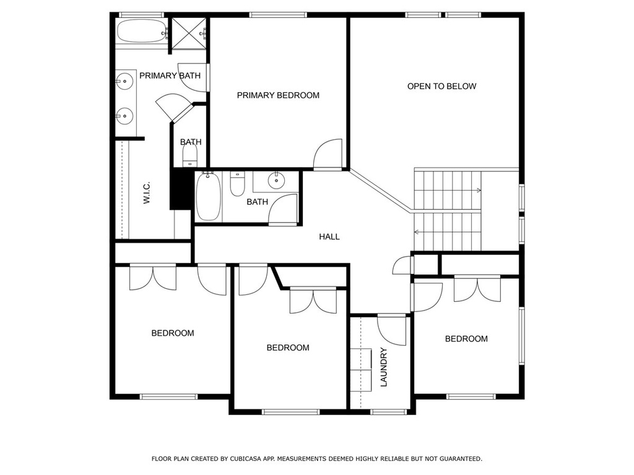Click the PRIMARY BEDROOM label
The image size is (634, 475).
click(278, 95)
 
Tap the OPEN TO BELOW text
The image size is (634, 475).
click(441, 86)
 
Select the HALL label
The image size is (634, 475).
click(329, 237)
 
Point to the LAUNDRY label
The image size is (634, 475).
click(384, 367)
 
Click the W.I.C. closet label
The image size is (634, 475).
click(146, 192)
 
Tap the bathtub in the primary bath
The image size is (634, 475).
click(142, 32)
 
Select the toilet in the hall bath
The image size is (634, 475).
click(237, 184)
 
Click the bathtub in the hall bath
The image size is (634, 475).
click(209, 197)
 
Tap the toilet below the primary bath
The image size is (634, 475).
click(190, 155)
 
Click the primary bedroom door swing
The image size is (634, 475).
click(328, 154)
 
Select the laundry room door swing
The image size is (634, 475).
click(391, 330)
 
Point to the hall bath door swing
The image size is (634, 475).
click(283, 209)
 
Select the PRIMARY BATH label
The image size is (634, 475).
click(170, 75)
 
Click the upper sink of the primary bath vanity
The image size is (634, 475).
click(124, 81)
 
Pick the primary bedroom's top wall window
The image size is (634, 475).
click(278, 15)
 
